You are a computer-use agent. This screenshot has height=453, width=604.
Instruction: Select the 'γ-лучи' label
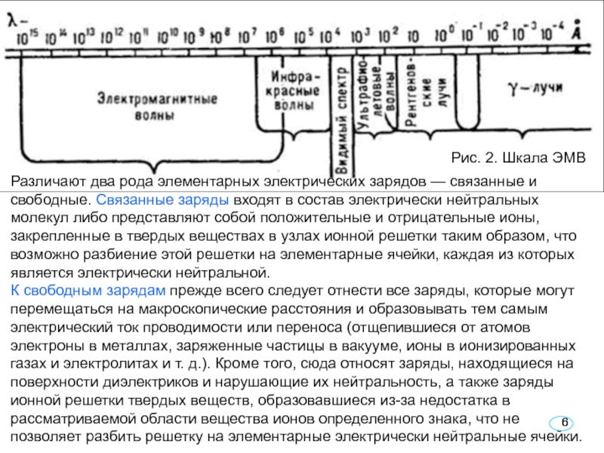[533, 88]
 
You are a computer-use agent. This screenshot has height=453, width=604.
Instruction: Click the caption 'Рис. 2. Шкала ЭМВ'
[518, 158]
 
